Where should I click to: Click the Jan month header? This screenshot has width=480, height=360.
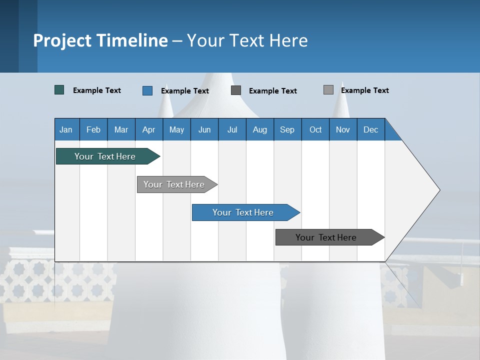click(66, 129)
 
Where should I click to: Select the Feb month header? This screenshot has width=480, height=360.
click(93, 129)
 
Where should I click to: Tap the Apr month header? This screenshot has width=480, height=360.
click(148, 129)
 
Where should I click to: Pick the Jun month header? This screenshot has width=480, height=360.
click(204, 129)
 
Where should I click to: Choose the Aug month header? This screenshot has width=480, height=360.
click(259, 129)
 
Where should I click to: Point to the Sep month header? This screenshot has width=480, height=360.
click(287, 129)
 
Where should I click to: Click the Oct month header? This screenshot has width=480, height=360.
click(315, 129)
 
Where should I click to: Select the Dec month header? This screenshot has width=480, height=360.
click(370, 129)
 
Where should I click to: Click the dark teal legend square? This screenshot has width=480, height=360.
click(59, 90)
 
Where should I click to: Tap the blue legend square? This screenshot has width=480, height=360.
click(147, 90)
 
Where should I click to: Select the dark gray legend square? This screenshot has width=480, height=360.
click(236, 90)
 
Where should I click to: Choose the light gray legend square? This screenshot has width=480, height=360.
click(328, 90)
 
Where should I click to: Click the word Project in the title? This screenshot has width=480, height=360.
click(62, 40)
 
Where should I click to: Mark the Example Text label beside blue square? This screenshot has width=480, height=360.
click(184, 91)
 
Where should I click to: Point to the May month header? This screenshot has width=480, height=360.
click(176, 129)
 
